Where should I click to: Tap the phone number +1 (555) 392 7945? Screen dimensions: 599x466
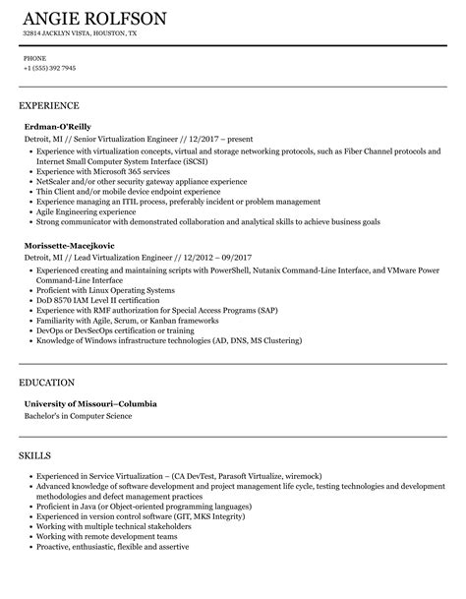coord(49,68)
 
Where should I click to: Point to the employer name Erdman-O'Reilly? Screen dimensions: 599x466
coord(58,126)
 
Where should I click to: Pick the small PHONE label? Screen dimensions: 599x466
coord(34,58)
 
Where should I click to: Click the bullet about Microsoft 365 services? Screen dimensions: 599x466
coord(96,171)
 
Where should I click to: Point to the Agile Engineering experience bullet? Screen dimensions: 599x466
coord(83,210)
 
